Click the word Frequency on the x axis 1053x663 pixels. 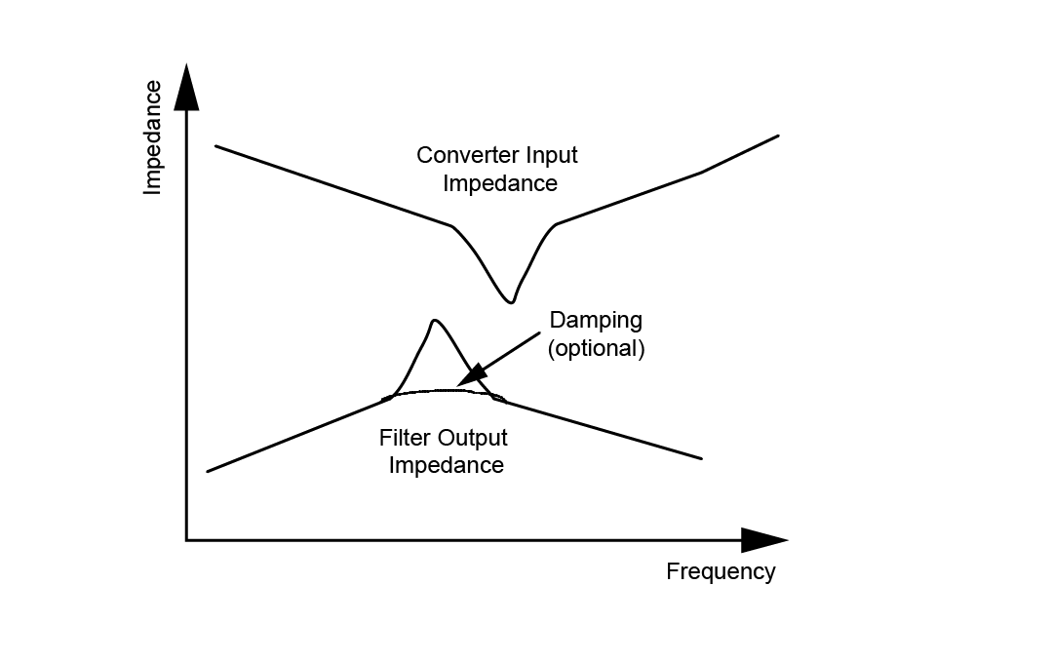coord(721,571)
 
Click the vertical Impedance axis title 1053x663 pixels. coord(152,137)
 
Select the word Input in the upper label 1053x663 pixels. coord(553,155)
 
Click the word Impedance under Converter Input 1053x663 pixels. coord(499,183)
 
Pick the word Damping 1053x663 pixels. coord(596,320)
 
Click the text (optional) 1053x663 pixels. coord(596,348)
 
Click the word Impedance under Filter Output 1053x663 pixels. coord(446,465)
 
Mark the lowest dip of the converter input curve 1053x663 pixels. coord(509,301)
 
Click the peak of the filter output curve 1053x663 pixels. coord(434,320)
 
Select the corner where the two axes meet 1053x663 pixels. coord(186,539)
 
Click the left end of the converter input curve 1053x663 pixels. coord(215,146)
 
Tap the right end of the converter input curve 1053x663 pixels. coord(779,136)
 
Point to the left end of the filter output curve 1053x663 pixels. coord(209,471)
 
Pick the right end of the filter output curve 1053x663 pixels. coord(701,457)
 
